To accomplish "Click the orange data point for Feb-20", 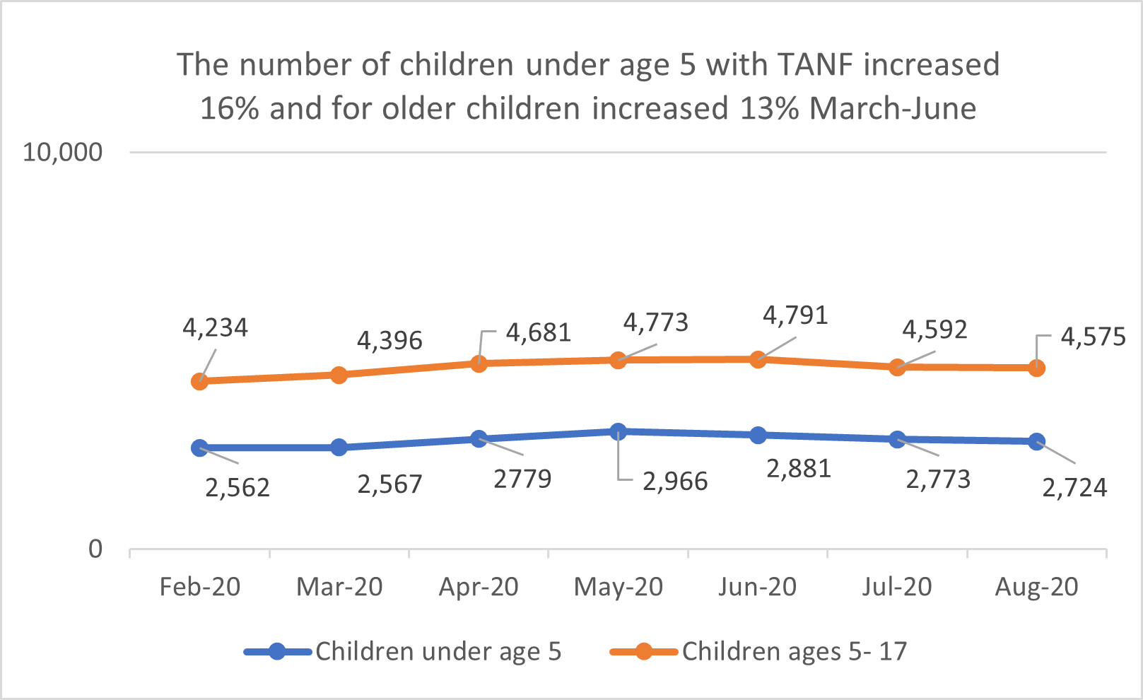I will pyautogui.click(x=199, y=381).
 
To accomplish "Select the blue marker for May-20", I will pyautogui.click(x=618, y=431).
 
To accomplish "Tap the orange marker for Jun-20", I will pyautogui.click(x=758, y=359).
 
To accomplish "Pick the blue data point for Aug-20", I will pyautogui.click(x=1036, y=442).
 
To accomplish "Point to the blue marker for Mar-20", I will pyautogui.click(x=339, y=448).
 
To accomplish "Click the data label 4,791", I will pyautogui.click(x=795, y=315).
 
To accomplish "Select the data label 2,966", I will pyautogui.click(x=674, y=482).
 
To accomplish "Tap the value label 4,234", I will pyautogui.click(x=215, y=327).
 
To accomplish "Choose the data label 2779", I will pyautogui.click(x=522, y=479).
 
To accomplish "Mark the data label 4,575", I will pyautogui.click(x=1092, y=337).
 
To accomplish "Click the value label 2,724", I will pyautogui.click(x=1074, y=488).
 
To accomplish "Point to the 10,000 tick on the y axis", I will pyautogui.click(x=62, y=152).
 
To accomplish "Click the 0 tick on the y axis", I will pyautogui.click(x=95, y=549).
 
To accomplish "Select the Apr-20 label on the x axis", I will pyautogui.click(x=479, y=587).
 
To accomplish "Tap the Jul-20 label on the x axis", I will pyautogui.click(x=896, y=587).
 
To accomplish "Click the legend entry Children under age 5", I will pyautogui.click(x=438, y=651).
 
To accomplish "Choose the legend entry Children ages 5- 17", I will pyautogui.click(x=793, y=651).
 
